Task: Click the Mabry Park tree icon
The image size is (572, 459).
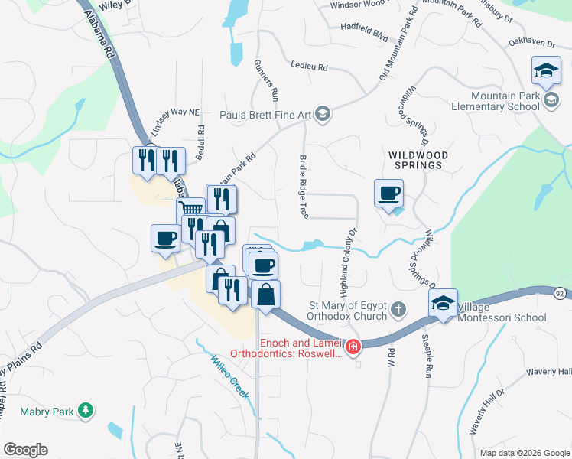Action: point(87,412)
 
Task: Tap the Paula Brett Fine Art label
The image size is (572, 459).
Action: point(265,115)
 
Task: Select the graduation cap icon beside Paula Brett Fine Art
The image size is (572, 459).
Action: point(323,115)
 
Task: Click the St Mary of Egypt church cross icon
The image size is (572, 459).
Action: point(397,309)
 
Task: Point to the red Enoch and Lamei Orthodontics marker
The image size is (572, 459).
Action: point(353,348)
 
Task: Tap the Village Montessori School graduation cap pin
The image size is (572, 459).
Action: point(443,303)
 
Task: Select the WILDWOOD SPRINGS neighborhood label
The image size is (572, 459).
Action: point(415,159)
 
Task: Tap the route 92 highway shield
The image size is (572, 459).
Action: point(561,292)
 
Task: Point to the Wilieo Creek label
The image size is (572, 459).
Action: point(230,376)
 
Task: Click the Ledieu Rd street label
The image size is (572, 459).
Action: point(309,67)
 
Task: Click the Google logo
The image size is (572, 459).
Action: point(25,450)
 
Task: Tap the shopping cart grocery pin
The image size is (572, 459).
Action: point(190,209)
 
